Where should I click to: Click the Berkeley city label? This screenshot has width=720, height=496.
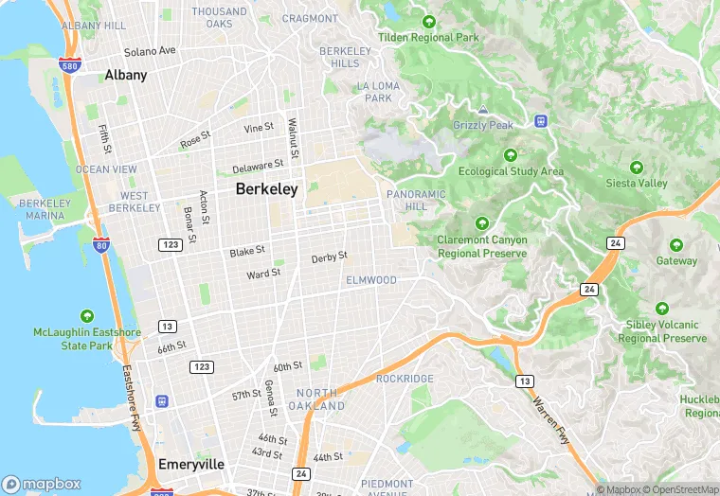(x=266, y=189)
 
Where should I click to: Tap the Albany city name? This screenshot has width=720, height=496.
(x=126, y=75)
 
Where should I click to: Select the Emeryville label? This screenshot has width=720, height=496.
(x=191, y=464)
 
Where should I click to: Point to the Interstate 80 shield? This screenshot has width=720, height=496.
(x=101, y=246)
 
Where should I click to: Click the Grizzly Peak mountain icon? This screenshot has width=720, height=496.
(x=483, y=111)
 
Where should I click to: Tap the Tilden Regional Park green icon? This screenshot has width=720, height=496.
(x=429, y=22)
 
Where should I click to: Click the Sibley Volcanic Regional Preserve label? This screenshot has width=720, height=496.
(x=665, y=331)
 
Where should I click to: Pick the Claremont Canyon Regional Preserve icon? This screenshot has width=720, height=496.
(x=482, y=223)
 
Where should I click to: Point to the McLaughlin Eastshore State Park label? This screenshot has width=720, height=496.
(x=86, y=339)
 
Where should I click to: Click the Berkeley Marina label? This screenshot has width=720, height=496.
(x=45, y=209)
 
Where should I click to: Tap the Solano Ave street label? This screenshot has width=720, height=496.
(x=151, y=50)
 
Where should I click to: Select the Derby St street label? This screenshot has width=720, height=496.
(x=330, y=257)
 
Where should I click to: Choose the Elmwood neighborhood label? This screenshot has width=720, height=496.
(x=371, y=280)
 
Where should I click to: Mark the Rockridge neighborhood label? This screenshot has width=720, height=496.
(x=405, y=379)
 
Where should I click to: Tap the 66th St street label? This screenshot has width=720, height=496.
(x=171, y=348)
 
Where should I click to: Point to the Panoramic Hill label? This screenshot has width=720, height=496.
(x=416, y=200)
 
